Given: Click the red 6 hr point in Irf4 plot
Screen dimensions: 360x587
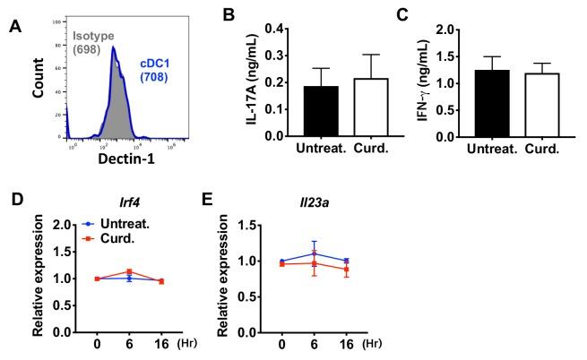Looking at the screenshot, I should point(128,271).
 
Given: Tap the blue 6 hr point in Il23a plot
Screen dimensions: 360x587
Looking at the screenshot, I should point(314,253).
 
